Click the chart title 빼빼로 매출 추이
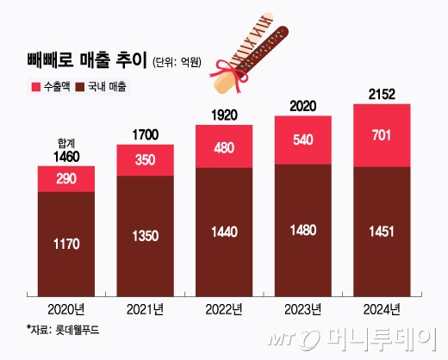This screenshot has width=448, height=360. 85,60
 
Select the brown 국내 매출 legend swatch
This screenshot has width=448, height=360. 79,88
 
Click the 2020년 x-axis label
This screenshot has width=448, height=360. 65,307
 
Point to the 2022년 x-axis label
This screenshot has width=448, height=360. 223,307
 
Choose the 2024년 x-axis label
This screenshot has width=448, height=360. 382,307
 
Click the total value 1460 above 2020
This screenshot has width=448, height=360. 66,158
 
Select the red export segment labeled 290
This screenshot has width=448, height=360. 66,178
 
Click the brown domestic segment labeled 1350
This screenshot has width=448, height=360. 145,234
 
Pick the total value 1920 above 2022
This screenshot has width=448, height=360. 224,114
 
